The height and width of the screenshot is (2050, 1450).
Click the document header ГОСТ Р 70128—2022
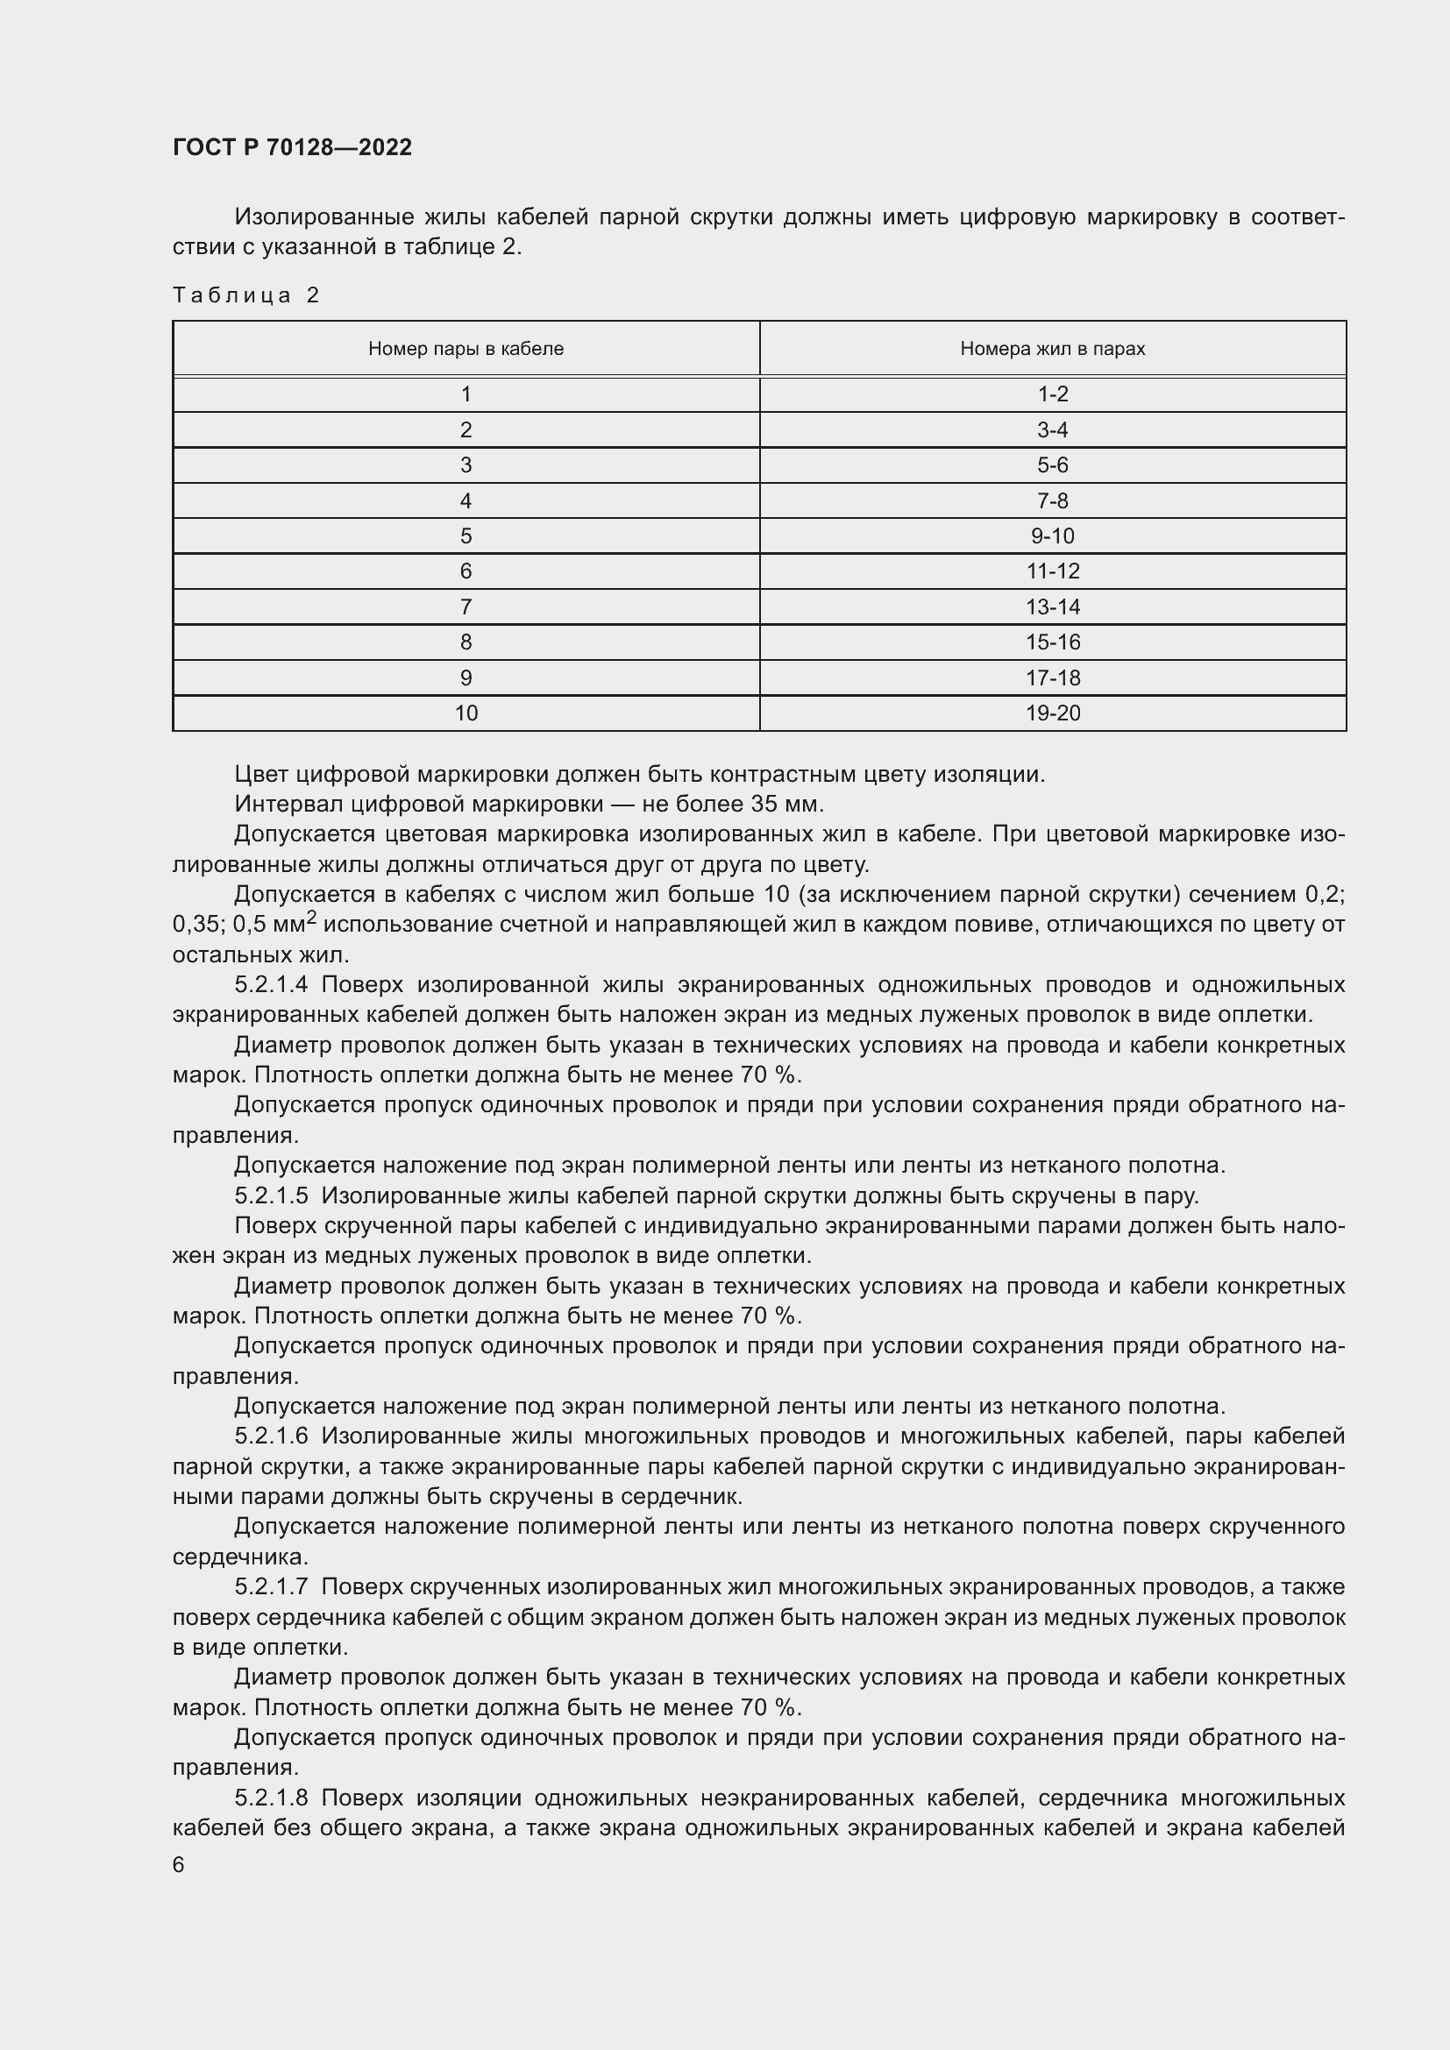[292, 147]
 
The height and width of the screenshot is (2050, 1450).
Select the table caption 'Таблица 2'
[245, 295]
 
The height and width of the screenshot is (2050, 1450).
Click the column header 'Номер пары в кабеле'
[466, 349]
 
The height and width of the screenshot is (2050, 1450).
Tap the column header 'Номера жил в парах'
[1052, 349]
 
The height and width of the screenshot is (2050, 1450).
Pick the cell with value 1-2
[1052, 394]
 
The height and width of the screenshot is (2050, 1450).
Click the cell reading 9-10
[1052, 536]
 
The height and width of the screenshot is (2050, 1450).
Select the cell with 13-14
[1052, 607]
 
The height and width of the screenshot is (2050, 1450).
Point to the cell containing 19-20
[1052, 713]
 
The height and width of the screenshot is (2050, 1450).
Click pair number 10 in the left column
[466, 713]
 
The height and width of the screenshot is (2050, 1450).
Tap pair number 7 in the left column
[466, 607]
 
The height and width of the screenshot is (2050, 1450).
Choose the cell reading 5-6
[1052, 465]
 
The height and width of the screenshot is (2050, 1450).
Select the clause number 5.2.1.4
[271, 985]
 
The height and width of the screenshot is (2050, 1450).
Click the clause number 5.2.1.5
[271, 1195]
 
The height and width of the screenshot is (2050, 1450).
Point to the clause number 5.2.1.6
[271, 1436]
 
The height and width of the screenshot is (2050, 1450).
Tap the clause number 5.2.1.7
[271, 1587]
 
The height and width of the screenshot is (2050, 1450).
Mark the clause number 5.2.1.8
[271, 1798]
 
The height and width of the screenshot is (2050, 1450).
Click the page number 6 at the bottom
[179, 1865]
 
